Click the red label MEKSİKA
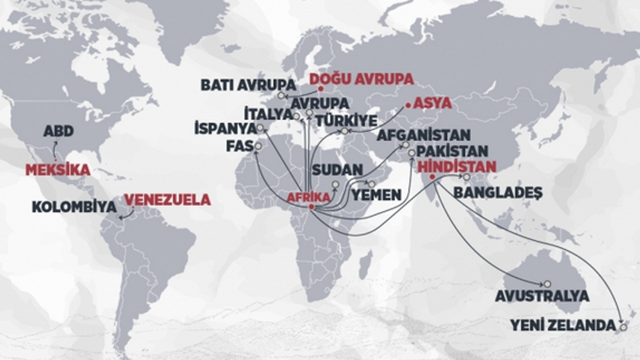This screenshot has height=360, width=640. (x=57, y=170)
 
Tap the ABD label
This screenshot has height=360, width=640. (x=58, y=131)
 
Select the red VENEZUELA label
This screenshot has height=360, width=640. (x=167, y=200)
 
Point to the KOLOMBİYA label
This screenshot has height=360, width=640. (x=74, y=207)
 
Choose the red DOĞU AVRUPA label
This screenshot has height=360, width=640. (x=361, y=79)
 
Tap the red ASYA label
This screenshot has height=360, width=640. (x=432, y=103)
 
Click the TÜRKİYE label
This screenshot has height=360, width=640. (x=346, y=121)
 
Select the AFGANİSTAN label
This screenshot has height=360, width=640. (x=423, y=135)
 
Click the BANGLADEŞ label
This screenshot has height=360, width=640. (x=497, y=193)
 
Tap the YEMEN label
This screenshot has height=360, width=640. (x=376, y=194)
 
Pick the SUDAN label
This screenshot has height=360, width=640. (x=337, y=170)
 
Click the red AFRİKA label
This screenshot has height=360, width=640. (x=308, y=197)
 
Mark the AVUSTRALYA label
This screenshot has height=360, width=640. (x=542, y=296)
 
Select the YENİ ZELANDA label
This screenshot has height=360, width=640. (x=562, y=325)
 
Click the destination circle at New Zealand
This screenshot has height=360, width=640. (x=623, y=327)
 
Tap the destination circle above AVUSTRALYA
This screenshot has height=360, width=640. (x=547, y=283)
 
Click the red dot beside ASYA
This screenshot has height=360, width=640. (x=408, y=105)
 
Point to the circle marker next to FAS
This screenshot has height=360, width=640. (x=258, y=146)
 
